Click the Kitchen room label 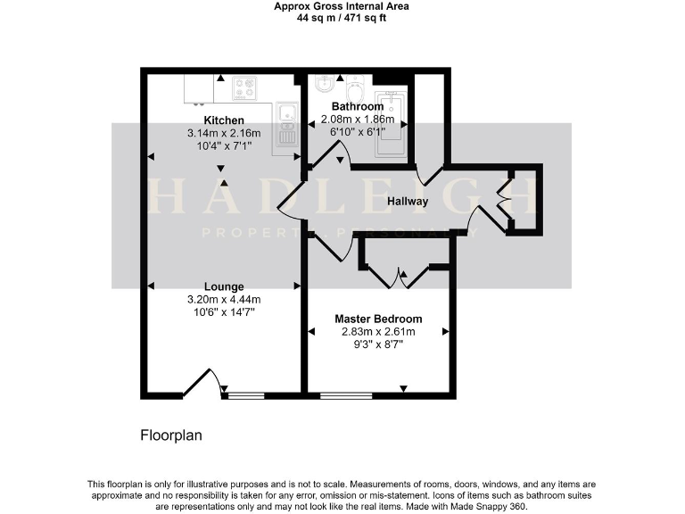pos(224,120)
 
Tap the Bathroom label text pos(357,107)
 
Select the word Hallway pos(407,201)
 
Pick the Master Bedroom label pos(378,319)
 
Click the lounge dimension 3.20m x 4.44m pos(224,299)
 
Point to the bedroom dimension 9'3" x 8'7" pos(378,344)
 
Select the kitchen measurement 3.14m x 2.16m pos(224,133)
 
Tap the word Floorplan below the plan pos(172,435)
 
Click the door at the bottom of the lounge pos(201,384)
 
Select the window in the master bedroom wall pos(346,394)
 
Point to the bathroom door pos(327,162)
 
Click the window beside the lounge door pos(246,394)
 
